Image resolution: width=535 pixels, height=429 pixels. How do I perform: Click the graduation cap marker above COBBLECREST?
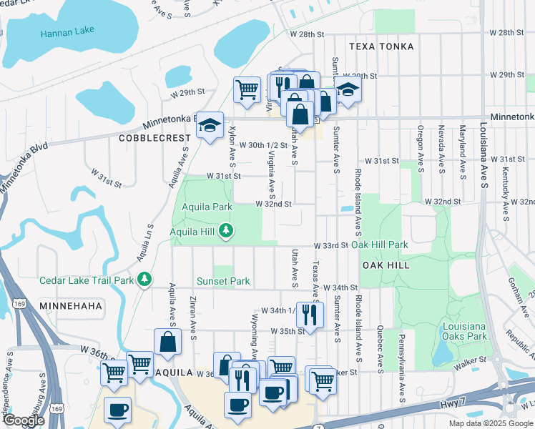210,125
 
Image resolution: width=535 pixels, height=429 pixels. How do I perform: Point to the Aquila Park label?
207,207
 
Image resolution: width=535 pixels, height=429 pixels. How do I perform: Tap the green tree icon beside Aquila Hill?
226,230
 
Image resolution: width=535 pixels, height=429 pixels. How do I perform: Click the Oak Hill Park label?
380,245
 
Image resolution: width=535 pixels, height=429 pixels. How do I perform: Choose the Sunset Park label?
223,281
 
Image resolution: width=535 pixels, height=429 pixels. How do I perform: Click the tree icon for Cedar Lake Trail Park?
145,279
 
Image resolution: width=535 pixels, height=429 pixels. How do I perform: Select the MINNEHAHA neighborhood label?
72,305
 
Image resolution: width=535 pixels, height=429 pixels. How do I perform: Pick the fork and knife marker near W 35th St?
310,313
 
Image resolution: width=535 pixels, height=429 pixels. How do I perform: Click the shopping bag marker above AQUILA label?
167,342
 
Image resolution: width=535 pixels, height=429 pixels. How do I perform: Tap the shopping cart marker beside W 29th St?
247,90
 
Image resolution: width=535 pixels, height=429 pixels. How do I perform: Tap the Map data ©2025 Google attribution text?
490,423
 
